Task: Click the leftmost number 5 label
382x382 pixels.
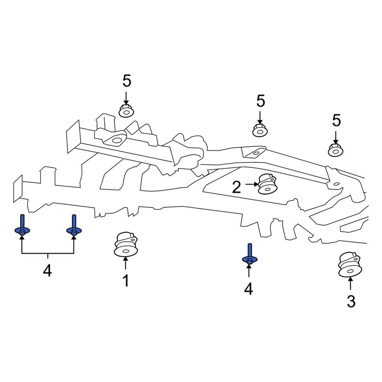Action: click(126, 81)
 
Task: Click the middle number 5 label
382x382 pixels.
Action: click(260, 101)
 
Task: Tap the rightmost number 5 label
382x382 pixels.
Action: click(336, 121)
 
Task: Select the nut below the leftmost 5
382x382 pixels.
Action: click(126, 111)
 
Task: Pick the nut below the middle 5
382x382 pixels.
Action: click(260, 130)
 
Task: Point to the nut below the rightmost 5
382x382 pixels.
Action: click(336, 150)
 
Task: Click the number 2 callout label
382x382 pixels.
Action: click(236, 187)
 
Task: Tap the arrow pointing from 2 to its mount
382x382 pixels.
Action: click(251, 184)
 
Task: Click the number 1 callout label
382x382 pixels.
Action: click(126, 281)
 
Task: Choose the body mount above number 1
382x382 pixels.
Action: click(126, 244)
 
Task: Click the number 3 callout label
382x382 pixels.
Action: click(351, 301)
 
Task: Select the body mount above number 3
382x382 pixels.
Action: click(350, 265)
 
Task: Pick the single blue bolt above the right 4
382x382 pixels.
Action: click(249, 255)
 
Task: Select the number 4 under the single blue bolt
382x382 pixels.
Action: click(248, 289)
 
